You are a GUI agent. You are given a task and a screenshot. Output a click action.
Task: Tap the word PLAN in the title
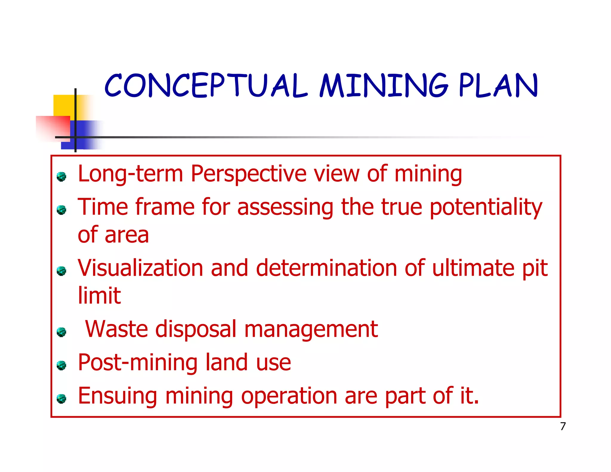click(498, 86)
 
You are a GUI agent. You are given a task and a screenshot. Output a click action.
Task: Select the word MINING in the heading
click(383, 86)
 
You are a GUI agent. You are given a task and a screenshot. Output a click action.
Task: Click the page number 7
click(563, 426)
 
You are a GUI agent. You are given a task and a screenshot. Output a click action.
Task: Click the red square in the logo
click(53, 127)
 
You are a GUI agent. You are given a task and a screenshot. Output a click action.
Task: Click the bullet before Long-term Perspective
click(61, 177)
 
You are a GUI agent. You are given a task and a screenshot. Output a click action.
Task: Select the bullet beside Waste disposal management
click(61, 332)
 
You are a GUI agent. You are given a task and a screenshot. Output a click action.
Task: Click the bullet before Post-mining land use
click(61, 365)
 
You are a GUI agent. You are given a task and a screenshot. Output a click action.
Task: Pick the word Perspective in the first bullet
click(249, 174)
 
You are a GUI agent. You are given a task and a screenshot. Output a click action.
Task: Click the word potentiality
click(486, 207)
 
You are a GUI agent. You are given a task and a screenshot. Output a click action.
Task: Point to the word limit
click(99, 295)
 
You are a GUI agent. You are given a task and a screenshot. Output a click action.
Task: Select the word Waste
click(116, 329)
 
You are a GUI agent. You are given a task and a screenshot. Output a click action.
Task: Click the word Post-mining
click(138, 363)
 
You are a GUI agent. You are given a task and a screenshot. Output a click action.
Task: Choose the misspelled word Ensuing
click(117, 396)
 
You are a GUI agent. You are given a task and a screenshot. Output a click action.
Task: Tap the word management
click(311, 330)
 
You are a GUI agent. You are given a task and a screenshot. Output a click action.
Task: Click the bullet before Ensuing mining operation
click(61, 399)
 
